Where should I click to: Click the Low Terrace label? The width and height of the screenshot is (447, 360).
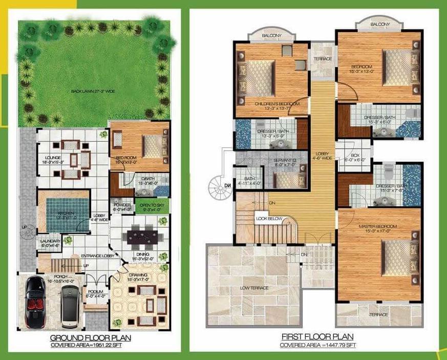[254, 288]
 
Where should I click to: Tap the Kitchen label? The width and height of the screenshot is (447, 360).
[65, 213]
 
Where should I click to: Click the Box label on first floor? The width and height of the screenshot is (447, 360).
[355, 157]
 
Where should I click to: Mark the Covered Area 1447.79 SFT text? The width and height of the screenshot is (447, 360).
[317, 346]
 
